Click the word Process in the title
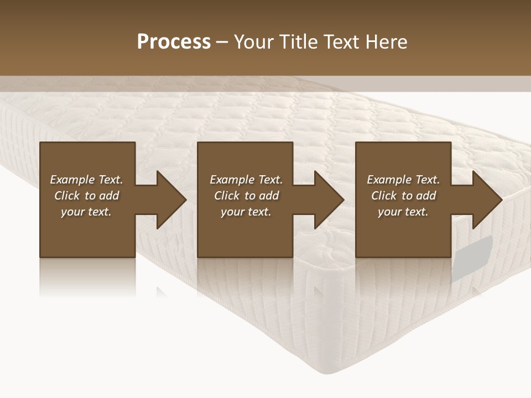point(174,42)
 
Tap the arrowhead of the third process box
point(486,200)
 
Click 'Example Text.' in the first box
point(86,180)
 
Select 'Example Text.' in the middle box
point(246,180)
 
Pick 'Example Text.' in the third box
point(403,180)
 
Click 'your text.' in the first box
point(86,212)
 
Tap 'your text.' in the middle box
point(246,212)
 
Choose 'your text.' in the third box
point(403,212)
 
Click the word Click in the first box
point(67,196)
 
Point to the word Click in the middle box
point(227,196)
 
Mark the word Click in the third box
point(384,196)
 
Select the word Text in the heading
point(341,42)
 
